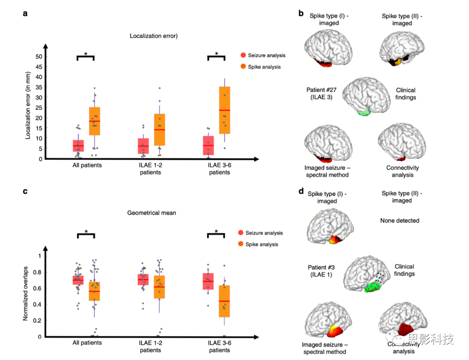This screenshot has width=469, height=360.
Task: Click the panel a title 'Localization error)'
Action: pos(154,36)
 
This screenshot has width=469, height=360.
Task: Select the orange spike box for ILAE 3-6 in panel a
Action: pos(225,110)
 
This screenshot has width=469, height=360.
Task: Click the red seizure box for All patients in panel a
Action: pos(78,145)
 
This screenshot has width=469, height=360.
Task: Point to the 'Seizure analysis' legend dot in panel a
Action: pos(243,55)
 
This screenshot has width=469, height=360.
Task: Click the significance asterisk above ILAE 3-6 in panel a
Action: pos(217,54)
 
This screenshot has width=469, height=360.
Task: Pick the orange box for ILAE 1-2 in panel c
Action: pos(159,287)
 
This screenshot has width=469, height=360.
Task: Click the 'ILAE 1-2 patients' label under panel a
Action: pos(151,168)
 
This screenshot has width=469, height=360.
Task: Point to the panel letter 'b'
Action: pos(301,14)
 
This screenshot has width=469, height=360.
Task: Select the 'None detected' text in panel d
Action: pos(400,221)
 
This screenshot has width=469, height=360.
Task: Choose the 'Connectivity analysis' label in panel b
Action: pos(403,171)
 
